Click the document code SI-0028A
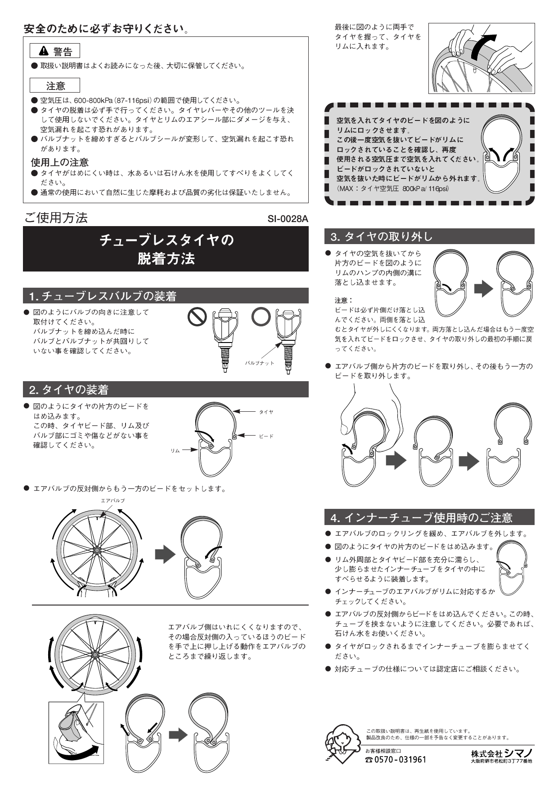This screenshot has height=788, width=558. coord(288,219)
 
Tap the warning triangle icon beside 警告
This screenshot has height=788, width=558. coord(44,51)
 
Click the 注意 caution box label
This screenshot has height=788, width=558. coord(55,85)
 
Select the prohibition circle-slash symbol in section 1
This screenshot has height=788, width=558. coord(197,317)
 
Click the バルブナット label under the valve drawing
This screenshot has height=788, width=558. coord(260,363)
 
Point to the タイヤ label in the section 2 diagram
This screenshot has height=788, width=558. coord(266,411)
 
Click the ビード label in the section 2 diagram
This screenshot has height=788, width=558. coord(266,436)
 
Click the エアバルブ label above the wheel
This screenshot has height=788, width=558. coord(112,500)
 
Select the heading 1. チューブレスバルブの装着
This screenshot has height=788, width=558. coord(103,296)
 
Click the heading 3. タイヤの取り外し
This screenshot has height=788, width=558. coord(381,236)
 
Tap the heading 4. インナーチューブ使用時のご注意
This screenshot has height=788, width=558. coord(421,518)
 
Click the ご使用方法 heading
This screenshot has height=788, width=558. coord(56,218)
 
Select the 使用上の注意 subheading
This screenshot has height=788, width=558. coord(59,162)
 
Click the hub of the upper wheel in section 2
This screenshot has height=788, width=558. coord(96,549)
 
